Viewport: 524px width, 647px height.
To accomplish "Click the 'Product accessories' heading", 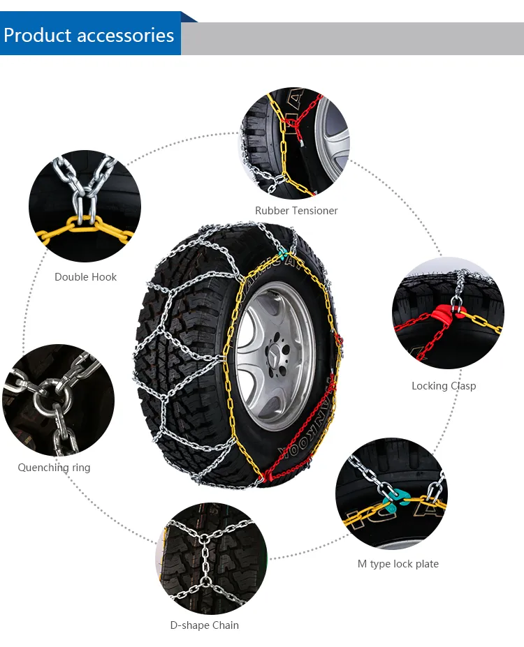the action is pos(89,35).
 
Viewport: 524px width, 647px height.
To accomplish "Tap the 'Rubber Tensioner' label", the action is pos(296,211).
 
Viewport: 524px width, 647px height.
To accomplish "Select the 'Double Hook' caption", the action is pos(85,277).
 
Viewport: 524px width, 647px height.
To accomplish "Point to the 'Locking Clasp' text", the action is pos(444,386).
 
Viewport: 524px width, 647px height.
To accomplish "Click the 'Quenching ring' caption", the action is pos(54,468).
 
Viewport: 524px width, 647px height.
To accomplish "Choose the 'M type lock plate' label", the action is pos(398,564).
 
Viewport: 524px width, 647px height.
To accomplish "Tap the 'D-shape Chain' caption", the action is pos(205,625).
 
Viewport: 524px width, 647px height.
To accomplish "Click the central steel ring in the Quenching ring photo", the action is pos(52,399).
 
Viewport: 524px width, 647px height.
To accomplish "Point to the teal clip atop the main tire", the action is pos(283,252).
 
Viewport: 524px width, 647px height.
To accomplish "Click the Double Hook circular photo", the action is pos(85,206).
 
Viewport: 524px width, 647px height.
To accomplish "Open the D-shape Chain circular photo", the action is pos(212,558).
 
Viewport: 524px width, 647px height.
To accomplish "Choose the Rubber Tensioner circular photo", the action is pos(295,142).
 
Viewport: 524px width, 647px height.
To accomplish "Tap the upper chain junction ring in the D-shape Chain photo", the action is pos(205,540).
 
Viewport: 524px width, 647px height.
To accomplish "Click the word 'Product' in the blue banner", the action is pos(38,35).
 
